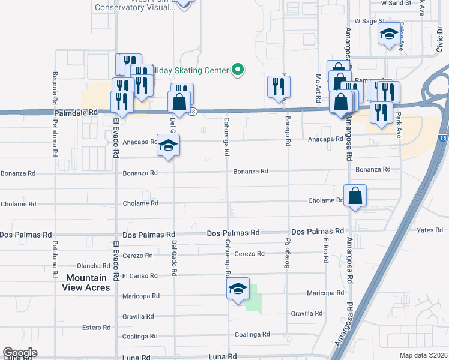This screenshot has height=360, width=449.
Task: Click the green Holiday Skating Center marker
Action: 238,70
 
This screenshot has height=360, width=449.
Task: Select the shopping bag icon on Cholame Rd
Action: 355,196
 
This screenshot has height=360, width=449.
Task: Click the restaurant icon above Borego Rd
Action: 279,86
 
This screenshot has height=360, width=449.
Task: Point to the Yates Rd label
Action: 430,230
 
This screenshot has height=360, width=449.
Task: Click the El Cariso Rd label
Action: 139,276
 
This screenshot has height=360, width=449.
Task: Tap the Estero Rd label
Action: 97,328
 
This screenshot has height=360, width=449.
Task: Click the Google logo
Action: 20,353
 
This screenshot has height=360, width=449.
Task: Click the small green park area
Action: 255,298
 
